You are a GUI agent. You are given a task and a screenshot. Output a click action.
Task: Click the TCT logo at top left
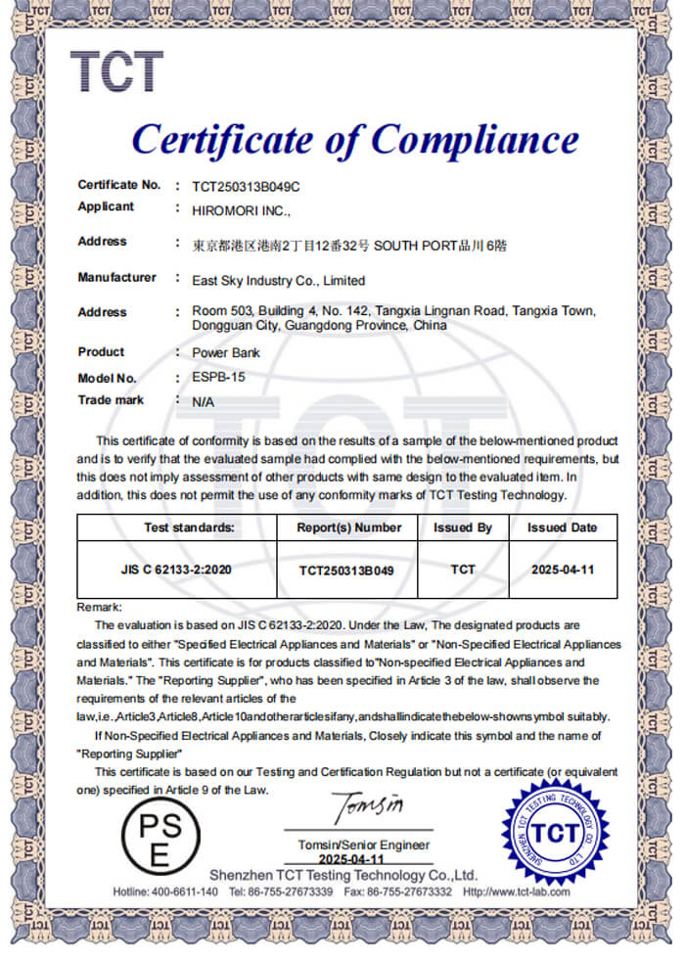115,71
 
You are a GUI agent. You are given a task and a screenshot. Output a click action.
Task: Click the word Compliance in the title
475,140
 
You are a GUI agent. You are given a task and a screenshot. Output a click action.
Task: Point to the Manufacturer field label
116,278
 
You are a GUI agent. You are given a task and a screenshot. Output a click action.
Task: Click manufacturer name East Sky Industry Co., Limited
278,280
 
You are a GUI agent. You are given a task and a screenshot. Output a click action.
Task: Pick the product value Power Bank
225,353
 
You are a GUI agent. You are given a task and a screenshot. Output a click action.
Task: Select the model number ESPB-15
215,378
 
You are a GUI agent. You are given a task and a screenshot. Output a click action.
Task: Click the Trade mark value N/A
203,401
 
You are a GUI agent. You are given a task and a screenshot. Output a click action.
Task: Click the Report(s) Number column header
349,527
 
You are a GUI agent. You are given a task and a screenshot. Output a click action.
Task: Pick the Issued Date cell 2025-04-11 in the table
563,569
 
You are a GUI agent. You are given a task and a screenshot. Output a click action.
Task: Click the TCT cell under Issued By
463,569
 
